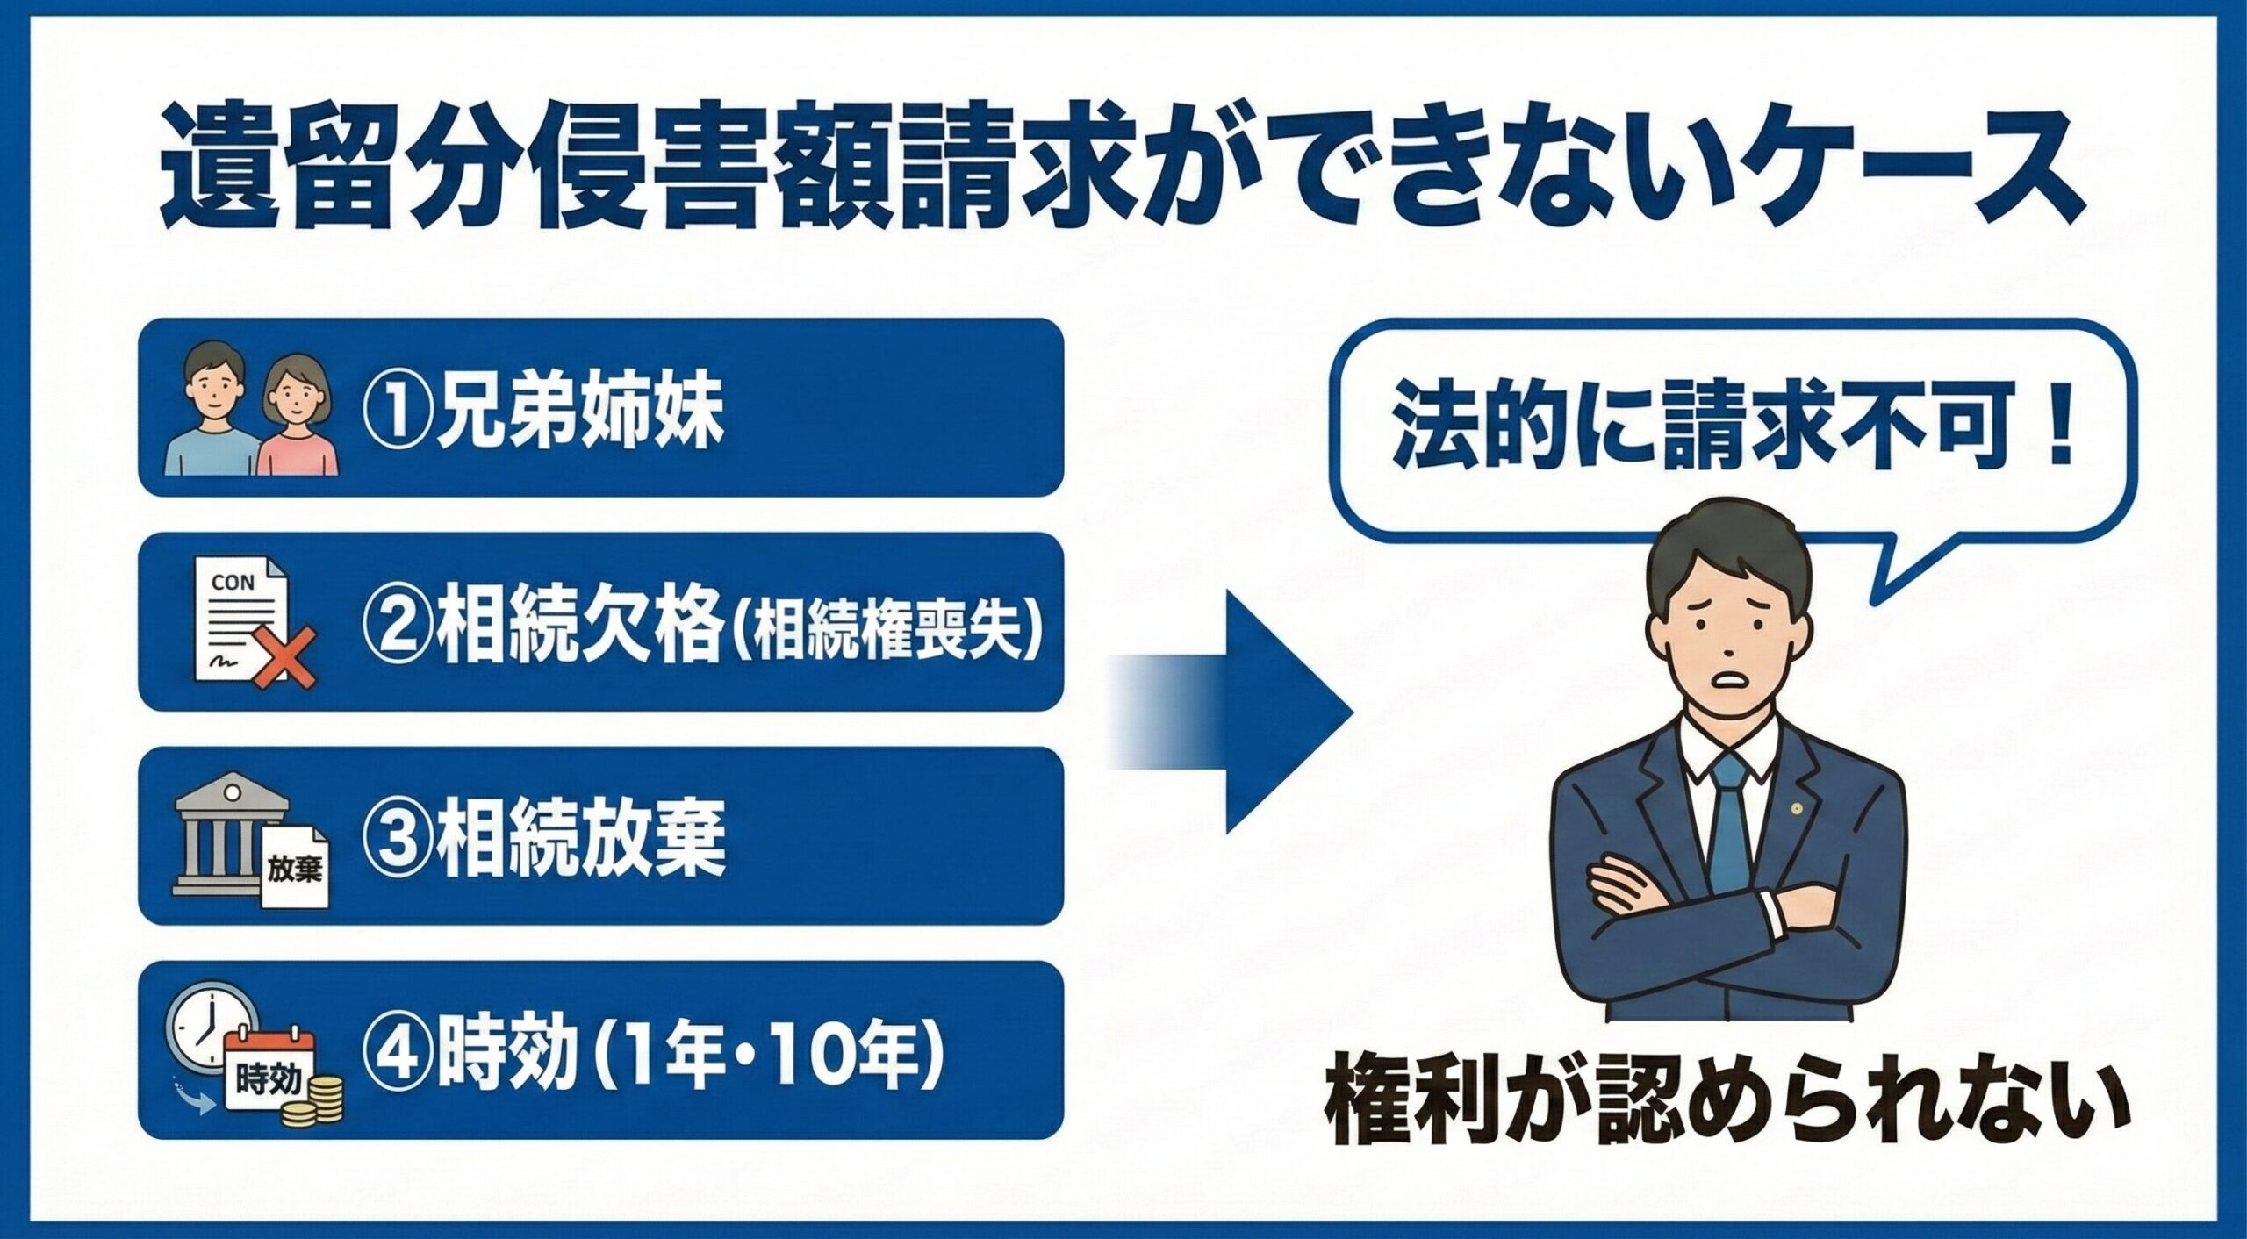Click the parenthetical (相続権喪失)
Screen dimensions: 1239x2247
[x=887, y=630]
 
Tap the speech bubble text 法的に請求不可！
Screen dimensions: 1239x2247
[x=1734, y=434]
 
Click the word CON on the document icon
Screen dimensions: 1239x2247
[x=233, y=583]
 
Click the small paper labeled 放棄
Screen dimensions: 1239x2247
[x=295, y=869]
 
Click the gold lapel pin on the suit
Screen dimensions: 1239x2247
[x=1796, y=807]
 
